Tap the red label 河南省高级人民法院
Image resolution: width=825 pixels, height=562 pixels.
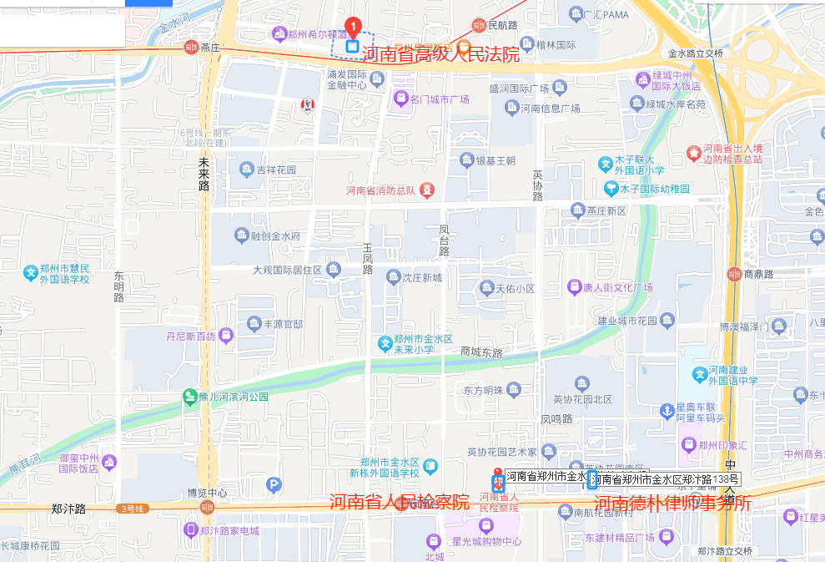tap(441, 56)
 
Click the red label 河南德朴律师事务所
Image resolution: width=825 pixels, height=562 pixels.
tap(672, 503)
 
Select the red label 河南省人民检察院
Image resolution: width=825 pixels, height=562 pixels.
tap(399, 503)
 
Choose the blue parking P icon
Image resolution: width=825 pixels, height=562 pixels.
tap(274, 485)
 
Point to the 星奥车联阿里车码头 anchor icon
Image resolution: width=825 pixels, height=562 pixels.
tap(667, 411)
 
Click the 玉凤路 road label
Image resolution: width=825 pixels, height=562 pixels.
tap(367, 259)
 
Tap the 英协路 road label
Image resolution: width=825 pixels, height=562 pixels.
tap(537, 185)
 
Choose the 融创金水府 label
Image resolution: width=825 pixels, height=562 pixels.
tap(274, 236)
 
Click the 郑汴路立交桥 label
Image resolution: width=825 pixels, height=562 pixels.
tap(724, 551)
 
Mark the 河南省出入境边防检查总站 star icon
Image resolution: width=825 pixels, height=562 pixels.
tap(692, 153)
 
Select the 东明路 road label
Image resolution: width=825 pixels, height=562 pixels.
tap(118, 286)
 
